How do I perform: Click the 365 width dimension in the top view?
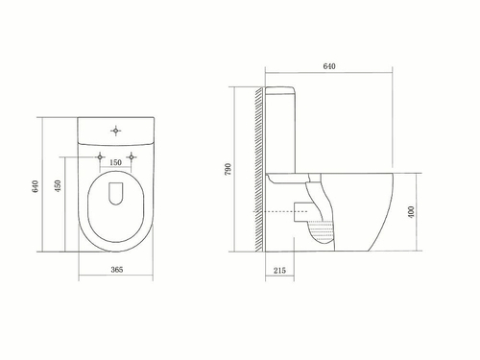(x=116, y=271)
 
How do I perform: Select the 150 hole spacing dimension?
(x=116, y=162)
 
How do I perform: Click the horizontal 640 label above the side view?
(x=330, y=66)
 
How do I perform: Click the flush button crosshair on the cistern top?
(x=115, y=128)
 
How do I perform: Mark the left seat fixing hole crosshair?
(x=100, y=156)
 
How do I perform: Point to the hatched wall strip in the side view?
(x=259, y=173)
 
